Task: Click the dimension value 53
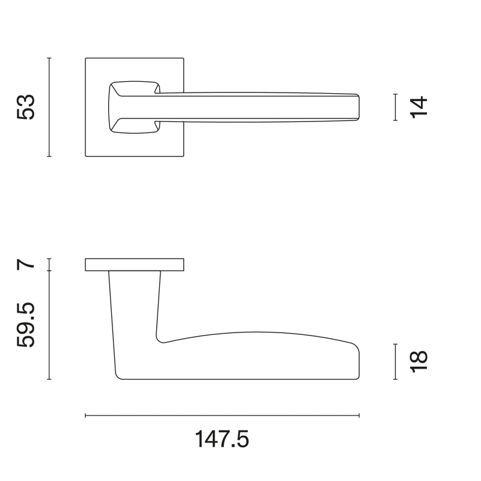pos(27,107)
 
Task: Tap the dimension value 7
pos(27,265)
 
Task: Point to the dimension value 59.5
pos(27,325)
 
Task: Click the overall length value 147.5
pos(222,440)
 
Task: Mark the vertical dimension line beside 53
pos(49,107)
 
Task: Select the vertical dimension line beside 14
pos(395,107)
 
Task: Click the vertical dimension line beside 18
pos(395,361)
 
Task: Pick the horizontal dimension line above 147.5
pos(222,415)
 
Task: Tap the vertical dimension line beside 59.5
pos(49,325)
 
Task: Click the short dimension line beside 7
pos(49,265)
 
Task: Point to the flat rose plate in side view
pos(135,265)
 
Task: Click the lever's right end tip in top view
pos(358,107)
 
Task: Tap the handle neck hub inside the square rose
pos(132,106)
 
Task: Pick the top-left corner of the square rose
pos(86,59)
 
